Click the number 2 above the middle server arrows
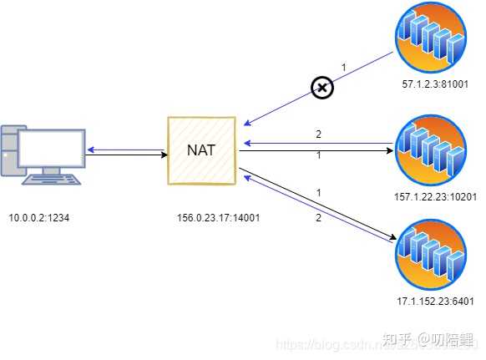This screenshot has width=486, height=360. point(317,134)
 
